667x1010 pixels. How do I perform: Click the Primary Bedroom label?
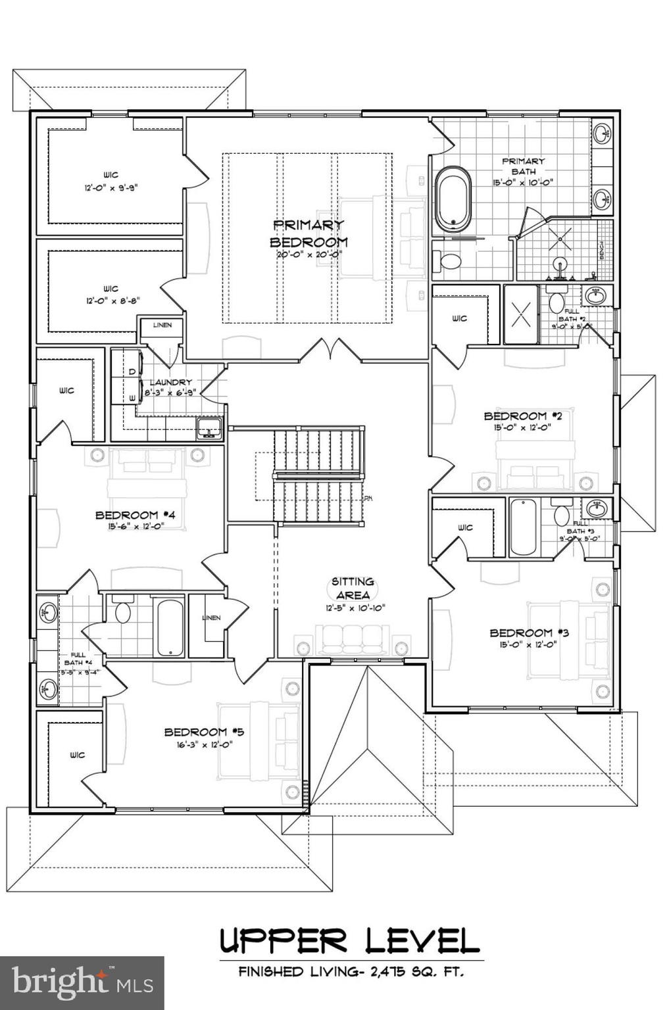[x=309, y=233]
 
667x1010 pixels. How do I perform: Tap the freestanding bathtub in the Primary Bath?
[x=453, y=198]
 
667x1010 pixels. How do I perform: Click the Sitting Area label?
[x=353, y=588]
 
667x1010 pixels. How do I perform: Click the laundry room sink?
[x=210, y=428]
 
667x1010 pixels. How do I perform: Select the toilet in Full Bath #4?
[x=122, y=611]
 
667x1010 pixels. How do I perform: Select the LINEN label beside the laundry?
[x=162, y=325]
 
